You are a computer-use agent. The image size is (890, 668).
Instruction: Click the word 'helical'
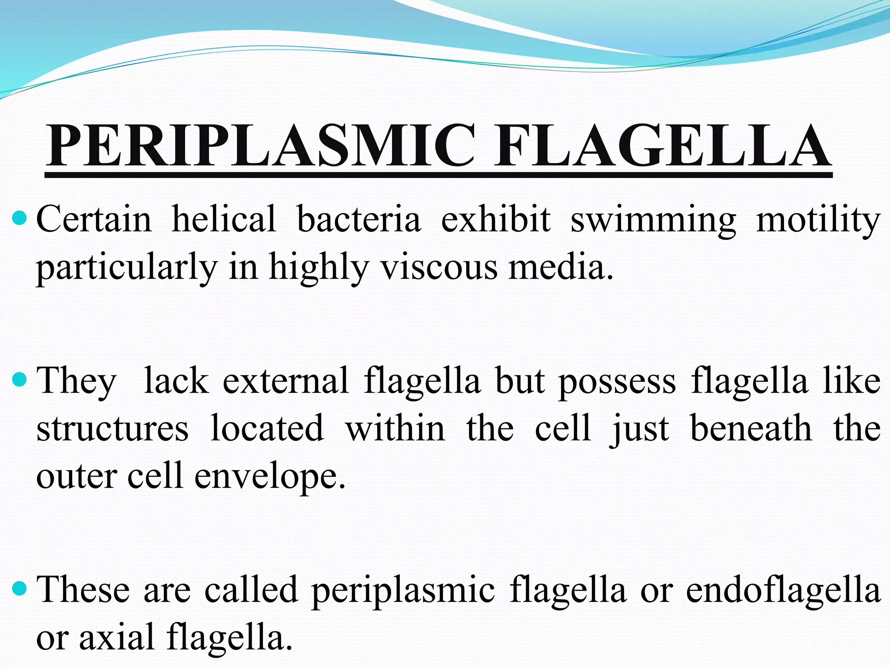224,219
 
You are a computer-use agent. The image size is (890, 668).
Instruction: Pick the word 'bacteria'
359,219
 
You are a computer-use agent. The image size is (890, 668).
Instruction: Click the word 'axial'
117,638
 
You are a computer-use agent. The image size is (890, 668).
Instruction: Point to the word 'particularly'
126,267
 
